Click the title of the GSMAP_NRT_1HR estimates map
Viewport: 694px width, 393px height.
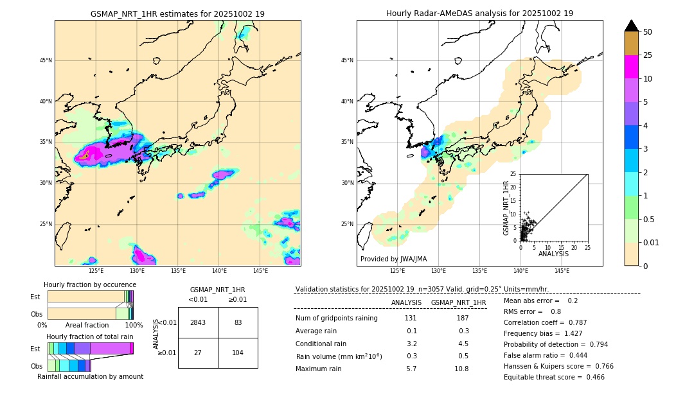tap(177, 13)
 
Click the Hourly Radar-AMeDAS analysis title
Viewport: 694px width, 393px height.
tap(479, 13)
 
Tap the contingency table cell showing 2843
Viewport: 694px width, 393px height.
tap(198, 322)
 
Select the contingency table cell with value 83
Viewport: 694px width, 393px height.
tap(238, 322)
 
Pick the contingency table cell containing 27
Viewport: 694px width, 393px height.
tap(198, 353)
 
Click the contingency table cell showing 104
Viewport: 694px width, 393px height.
tap(238, 353)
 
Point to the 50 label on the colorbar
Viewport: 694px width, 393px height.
tap(648, 32)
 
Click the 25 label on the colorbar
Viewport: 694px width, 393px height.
tap(648, 55)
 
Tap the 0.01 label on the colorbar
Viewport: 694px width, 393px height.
tap(652, 242)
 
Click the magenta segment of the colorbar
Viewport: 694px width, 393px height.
tap(631, 67)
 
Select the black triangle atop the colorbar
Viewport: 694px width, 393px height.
tap(631, 26)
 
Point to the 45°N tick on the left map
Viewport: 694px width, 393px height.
tap(45, 60)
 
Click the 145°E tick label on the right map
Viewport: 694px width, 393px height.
tap(562, 271)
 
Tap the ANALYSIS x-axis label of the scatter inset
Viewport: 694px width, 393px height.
tap(553, 254)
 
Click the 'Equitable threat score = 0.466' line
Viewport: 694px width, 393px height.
tap(554, 377)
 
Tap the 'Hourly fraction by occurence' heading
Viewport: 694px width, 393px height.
tap(90, 284)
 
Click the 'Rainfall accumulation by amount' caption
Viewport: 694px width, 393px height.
tap(90, 376)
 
